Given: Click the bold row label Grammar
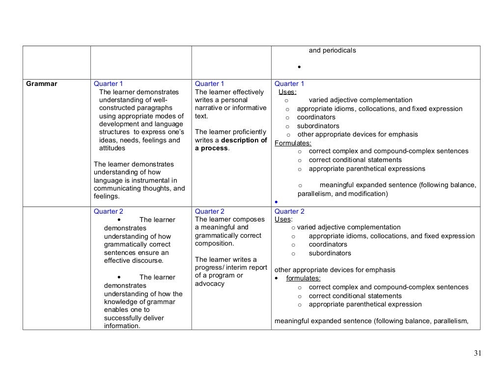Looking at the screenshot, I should tap(42, 84).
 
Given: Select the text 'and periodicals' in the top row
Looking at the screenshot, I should tap(332, 51).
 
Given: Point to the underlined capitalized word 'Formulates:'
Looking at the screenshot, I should tap(293, 143).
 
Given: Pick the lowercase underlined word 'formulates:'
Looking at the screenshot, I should tap(303, 278).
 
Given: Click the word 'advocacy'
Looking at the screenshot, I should tap(209, 283).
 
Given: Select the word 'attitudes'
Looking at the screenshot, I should tap(112, 148).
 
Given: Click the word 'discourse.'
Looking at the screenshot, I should tap(147, 260).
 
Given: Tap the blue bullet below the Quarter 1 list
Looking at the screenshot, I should tap(277, 202).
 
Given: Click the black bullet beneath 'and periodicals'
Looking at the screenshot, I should tap(299, 67).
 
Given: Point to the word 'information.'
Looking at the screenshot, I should tap(122, 326).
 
